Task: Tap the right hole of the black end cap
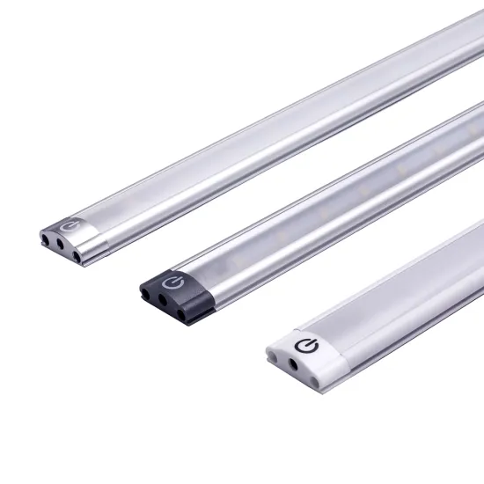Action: [182, 312]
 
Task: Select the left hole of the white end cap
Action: [272, 353]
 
